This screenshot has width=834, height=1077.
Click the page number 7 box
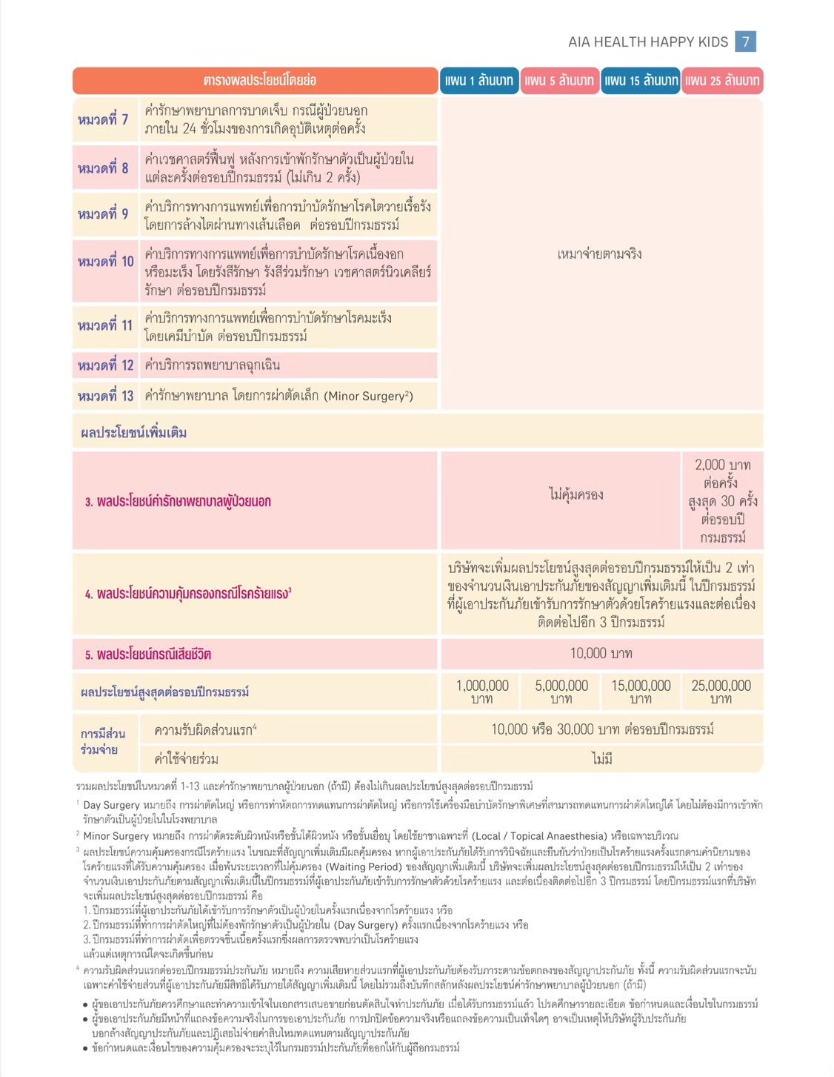click(745, 42)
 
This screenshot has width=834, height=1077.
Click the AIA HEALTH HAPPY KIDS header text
click(648, 42)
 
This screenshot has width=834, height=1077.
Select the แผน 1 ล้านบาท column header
click(478, 81)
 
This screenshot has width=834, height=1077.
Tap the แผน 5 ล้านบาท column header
click(559, 81)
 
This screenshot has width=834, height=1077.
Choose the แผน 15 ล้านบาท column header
click(641, 81)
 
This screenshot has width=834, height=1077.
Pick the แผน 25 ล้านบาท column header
click(722, 81)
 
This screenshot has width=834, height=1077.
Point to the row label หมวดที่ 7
click(103, 119)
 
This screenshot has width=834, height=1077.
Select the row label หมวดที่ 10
click(105, 262)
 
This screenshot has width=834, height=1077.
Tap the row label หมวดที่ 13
click(105, 396)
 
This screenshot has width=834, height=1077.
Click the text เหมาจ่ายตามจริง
click(599, 254)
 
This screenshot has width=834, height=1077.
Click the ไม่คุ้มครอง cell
click(576, 494)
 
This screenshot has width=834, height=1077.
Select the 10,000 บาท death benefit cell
click(601, 653)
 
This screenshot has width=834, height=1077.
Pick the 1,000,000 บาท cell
click(482, 692)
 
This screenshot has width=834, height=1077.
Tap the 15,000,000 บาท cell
click(641, 692)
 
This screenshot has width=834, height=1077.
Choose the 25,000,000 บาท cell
click(721, 692)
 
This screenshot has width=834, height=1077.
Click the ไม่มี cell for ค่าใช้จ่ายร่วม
click(601, 759)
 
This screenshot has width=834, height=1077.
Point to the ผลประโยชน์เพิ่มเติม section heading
click(134, 433)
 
